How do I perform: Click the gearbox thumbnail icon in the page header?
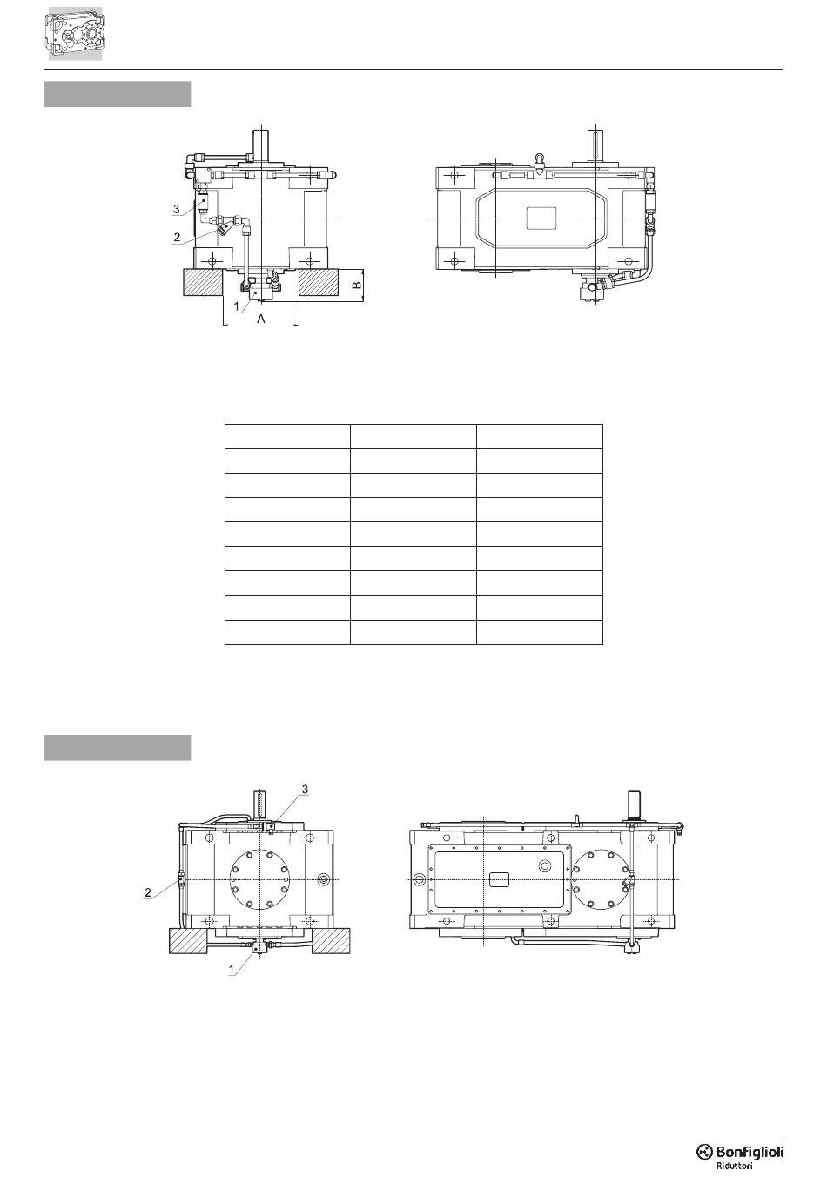(75, 33)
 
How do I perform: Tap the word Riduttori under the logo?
(734, 1166)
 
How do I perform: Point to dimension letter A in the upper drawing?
(260, 319)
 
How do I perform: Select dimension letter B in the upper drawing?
(357, 286)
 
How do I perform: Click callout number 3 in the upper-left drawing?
(177, 209)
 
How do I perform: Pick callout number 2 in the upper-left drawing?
(177, 237)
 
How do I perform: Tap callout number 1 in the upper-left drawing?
(237, 306)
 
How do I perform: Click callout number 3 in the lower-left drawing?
(305, 789)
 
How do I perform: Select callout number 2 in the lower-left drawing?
(148, 892)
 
